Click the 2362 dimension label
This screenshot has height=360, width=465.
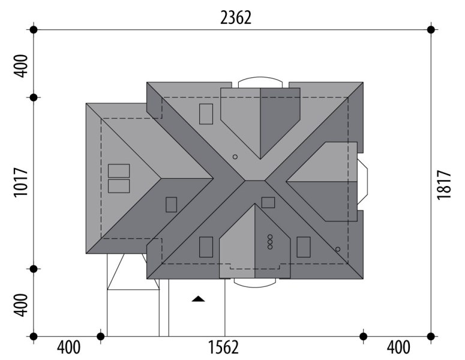[236, 17]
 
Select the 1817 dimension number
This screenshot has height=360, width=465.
[444, 185]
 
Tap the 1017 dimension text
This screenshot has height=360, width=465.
[21, 182]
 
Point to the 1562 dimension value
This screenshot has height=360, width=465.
[223, 347]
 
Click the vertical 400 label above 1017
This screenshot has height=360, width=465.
[21, 66]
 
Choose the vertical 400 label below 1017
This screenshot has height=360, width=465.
[21, 305]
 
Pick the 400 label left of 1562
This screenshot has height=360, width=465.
[68, 347]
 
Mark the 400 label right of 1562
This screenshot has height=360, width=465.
[399, 347]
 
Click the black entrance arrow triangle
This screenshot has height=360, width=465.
[198, 299]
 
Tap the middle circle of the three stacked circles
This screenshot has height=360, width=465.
[270, 242]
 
